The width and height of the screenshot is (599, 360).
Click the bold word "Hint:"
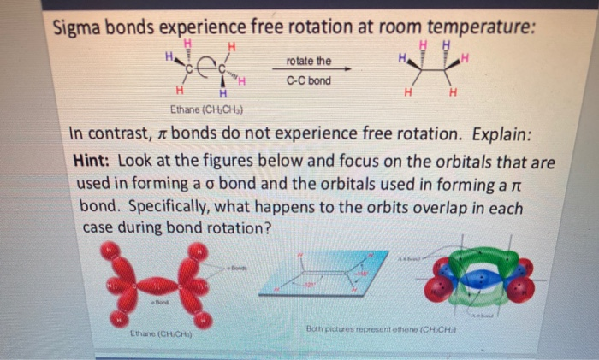(x=93, y=160)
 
